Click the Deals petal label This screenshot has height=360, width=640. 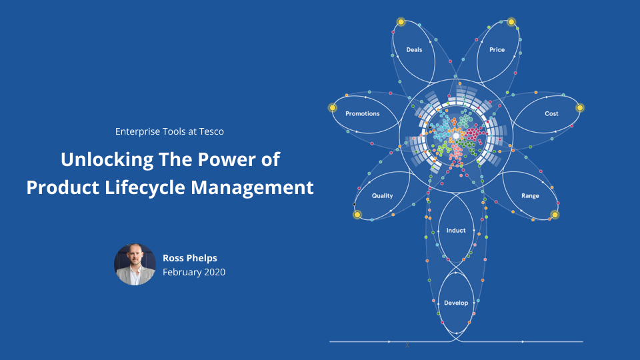tap(414, 50)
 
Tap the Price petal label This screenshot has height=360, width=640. tap(497, 50)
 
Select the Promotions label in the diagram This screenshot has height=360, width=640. tap(363, 113)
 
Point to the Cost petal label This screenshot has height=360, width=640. tap(551, 113)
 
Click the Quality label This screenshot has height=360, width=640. tap(382, 196)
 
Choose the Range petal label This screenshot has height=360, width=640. tap(530, 196)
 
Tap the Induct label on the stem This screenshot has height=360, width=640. tap(456, 231)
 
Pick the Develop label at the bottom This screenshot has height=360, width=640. tap(456, 303)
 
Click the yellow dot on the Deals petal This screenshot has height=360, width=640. tap(401, 22)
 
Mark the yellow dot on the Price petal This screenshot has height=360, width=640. tap(511, 22)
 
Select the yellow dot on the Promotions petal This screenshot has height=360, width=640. tap(333, 108)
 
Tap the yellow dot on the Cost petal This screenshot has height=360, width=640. tap(579, 108)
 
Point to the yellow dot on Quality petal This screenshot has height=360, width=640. tap(357, 215)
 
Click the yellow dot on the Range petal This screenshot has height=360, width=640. tap(555, 215)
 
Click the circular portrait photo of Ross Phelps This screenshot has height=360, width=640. tap(135, 265)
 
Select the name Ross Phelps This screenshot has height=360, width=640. tap(190, 258)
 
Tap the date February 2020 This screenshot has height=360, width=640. tap(194, 272)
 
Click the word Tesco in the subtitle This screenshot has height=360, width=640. tap(211, 131)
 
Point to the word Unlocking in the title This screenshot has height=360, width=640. tap(107, 160)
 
